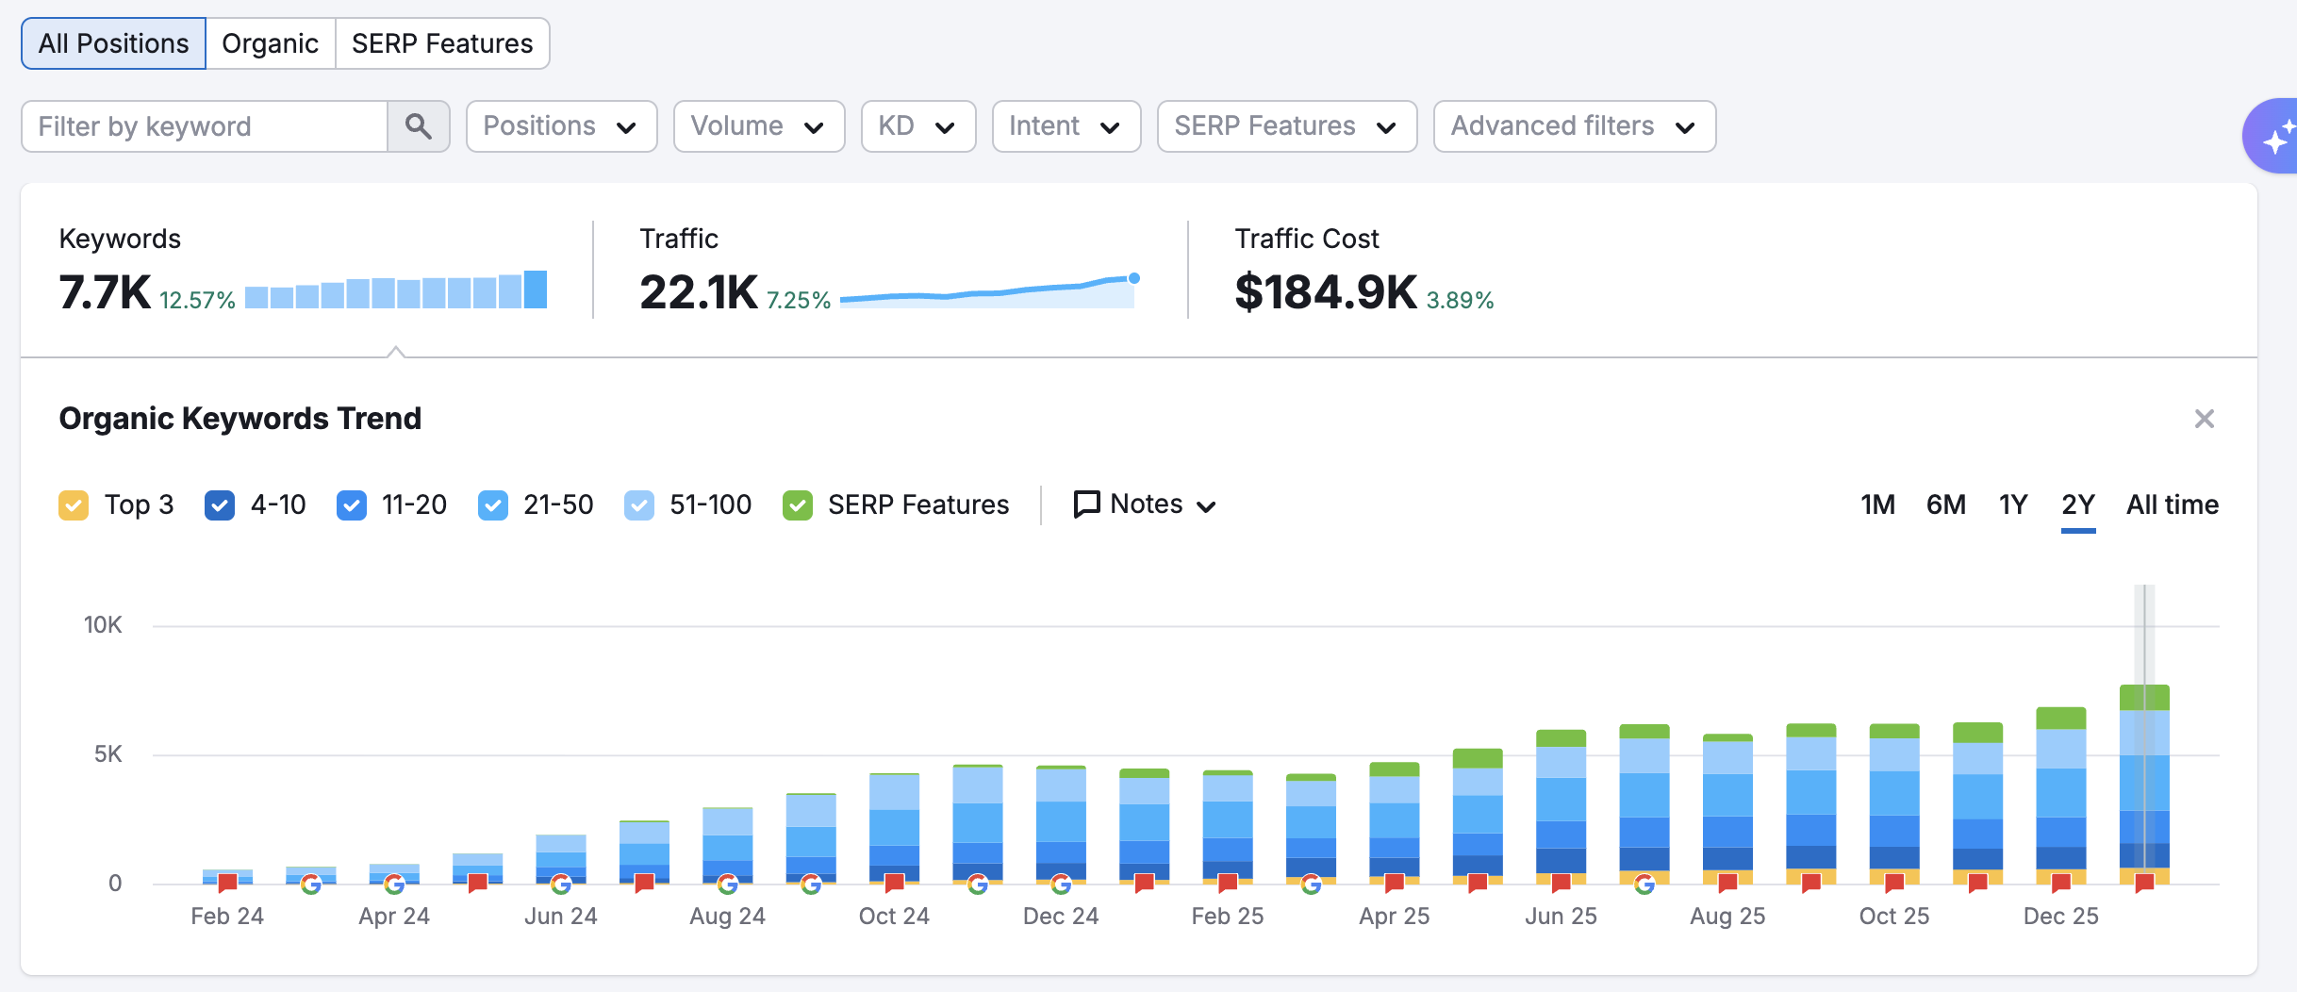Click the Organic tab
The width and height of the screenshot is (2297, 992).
270,43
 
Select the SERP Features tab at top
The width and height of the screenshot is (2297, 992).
441,43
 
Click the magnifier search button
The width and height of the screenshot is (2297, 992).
418,126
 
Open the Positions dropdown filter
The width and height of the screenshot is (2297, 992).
560,126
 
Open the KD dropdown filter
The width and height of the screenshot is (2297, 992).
917,126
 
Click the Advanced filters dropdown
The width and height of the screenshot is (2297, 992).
1573,126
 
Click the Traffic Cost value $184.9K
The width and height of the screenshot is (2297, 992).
1325,291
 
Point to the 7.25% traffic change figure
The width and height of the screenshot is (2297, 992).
798,300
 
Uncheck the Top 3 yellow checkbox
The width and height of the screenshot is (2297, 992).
74,505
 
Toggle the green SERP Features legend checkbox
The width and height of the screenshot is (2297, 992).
798,505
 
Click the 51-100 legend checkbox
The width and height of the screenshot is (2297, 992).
639,505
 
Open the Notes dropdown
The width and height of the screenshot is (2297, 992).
1145,504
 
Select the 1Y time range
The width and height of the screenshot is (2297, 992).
2012,504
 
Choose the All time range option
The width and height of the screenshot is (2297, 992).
2172,504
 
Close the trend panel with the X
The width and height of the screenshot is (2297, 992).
2204,419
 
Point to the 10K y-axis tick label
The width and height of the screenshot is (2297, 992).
103,624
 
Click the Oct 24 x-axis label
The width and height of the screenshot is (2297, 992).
893,916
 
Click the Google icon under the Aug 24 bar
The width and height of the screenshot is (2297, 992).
727,885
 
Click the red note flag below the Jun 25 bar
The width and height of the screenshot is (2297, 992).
1561,884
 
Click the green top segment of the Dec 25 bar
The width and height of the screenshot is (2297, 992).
2060,719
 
